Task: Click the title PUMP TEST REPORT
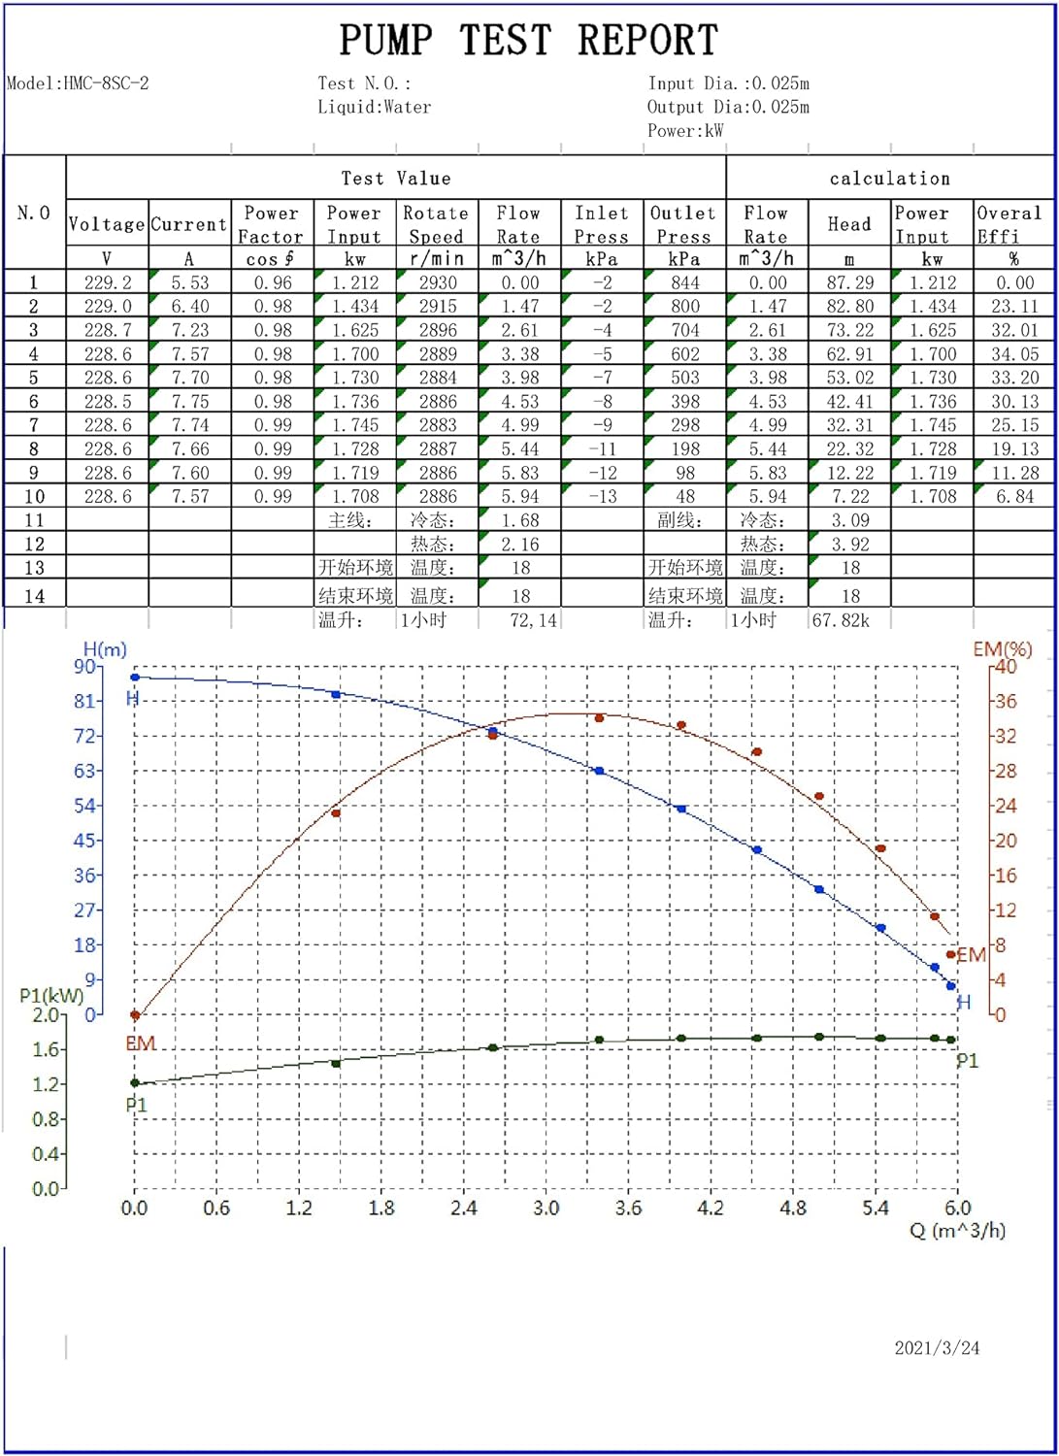pyautogui.click(x=528, y=41)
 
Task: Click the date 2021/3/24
pyautogui.click(x=936, y=1347)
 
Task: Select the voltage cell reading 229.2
pyautogui.click(x=107, y=282)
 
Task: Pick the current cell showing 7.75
pyautogui.click(x=189, y=401)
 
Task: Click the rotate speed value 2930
pyautogui.click(x=437, y=282)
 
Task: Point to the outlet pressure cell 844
pyautogui.click(x=684, y=282)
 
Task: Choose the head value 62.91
pyautogui.click(x=849, y=354)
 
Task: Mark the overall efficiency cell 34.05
pyautogui.click(x=1014, y=354)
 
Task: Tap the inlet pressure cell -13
pyautogui.click(x=602, y=496)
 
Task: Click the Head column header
pyautogui.click(x=849, y=224)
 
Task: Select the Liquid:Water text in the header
pyautogui.click(x=374, y=107)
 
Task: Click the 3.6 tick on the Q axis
pyautogui.click(x=628, y=1208)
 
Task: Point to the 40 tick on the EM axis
pyautogui.click(x=1006, y=667)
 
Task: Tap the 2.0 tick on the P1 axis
pyautogui.click(x=46, y=1015)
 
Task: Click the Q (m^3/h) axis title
pyautogui.click(x=957, y=1231)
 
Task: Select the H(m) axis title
pyautogui.click(x=105, y=649)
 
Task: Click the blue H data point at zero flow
pyautogui.click(x=135, y=678)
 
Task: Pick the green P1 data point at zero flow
pyautogui.click(x=135, y=1083)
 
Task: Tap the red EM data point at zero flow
pyautogui.click(x=135, y=1015)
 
